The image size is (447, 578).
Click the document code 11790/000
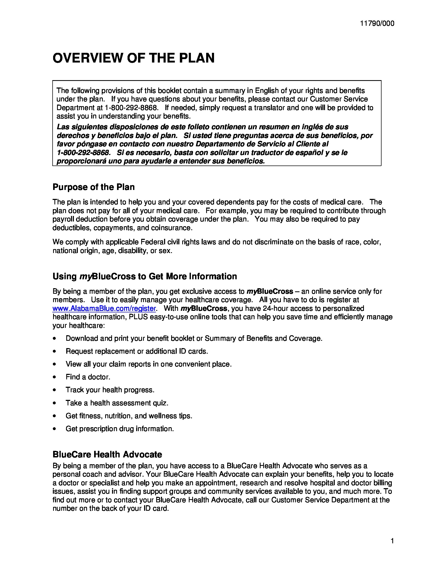coord(377,24)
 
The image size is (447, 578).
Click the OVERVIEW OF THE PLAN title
coord(134,58)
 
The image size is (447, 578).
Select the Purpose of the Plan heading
coord(94,187)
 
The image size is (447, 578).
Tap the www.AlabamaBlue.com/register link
coord(104,309)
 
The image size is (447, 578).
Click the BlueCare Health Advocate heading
coord(107,455)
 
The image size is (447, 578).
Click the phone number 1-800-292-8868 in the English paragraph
coord(131,108)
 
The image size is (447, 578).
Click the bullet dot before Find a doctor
coord(54,377)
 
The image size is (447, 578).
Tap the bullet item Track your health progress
coord(110,390)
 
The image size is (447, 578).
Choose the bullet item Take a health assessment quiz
coord(117,403)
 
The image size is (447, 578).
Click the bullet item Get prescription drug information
coord(120,429)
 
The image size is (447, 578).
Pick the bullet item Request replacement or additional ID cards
coord(137,351)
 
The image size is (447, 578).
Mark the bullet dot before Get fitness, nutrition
coord(54,416)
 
